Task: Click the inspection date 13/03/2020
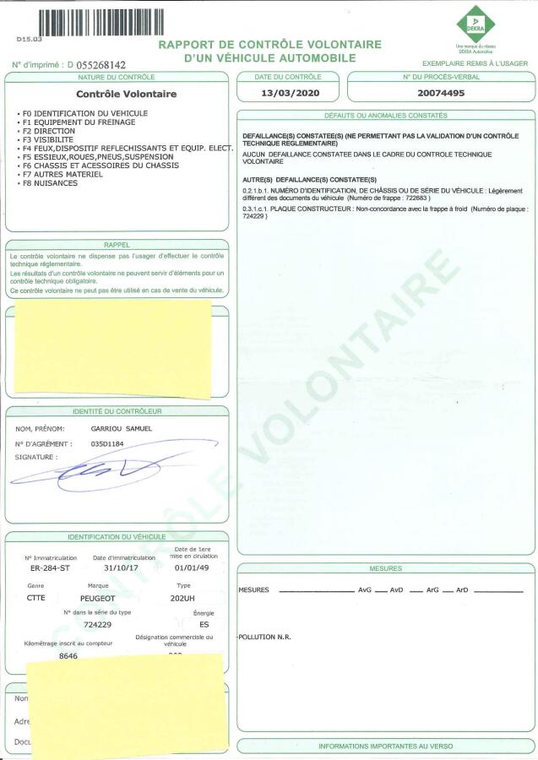click(x=287, y=94)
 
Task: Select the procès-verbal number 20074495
click(x=441, y=94)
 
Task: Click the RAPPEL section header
click(x=117, y=245)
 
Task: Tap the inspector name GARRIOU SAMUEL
click(x=121, y=430)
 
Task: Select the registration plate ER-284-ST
click(x=46, y=569)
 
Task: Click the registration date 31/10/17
click(x=110, y=569)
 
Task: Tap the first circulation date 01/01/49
click(x=187, y=569)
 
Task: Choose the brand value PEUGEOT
click(x=104, y=597)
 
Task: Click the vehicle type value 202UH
click(x=182, y=597)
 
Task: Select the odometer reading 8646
click(x=68, y=656)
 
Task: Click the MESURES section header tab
click(x=385, y=568)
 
